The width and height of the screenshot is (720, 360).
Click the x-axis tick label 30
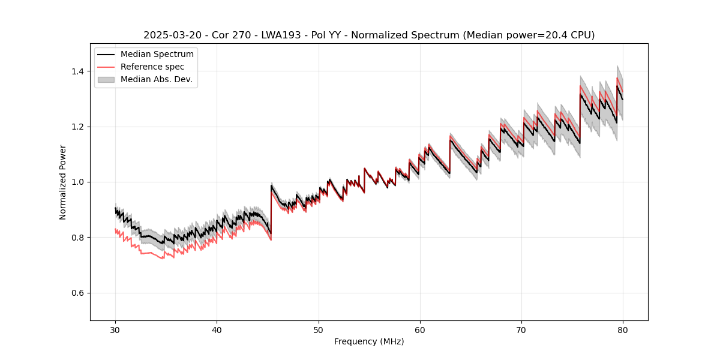tap(116, 330)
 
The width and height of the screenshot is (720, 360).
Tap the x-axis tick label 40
tap(217, 330)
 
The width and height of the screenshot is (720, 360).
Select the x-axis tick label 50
tap(319, 330)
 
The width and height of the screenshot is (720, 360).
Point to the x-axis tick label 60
tap(420, 330)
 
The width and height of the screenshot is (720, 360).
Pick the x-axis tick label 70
tap(521, 330)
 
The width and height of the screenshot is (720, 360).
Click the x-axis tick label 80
tap(623, 330)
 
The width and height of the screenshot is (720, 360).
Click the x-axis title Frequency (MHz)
tap(369, 341)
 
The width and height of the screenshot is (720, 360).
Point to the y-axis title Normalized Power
tap(63, 182)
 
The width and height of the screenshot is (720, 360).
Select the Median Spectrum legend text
tap(157, 55)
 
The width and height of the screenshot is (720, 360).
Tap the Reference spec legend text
tap(152, 67)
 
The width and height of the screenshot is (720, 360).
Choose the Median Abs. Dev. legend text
tap(157, 79)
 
